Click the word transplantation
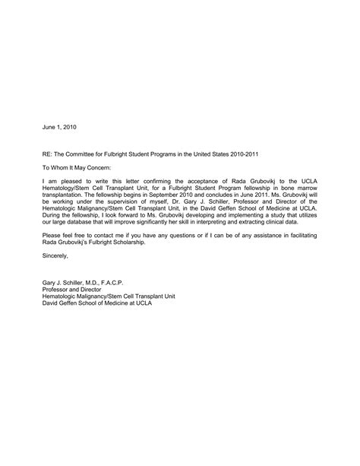click(x=66, y=195)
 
